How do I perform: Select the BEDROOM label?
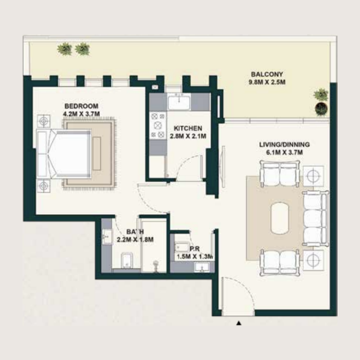click(x=81, y=106)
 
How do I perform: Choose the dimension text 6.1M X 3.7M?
click(x=284, y=153)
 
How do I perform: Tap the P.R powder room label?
click(x=194, y=249)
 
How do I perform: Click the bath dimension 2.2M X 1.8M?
click(x=135, y=239)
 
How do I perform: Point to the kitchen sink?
click(x=179, y=102)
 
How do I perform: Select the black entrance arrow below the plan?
click(x=239, y=322)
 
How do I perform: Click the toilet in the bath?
click(x=126, y=260)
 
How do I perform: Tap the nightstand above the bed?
click(x=44, y=121)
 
